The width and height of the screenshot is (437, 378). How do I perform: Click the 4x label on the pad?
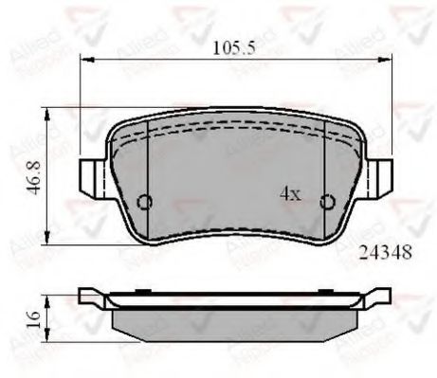coord(289,194)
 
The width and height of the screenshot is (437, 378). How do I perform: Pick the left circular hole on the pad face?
coord(144,202)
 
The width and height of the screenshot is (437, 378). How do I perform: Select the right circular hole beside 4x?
coord(327,201)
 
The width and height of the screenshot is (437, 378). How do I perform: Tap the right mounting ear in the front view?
coord(382,176)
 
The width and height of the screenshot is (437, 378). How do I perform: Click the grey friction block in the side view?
coord(235,322)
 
